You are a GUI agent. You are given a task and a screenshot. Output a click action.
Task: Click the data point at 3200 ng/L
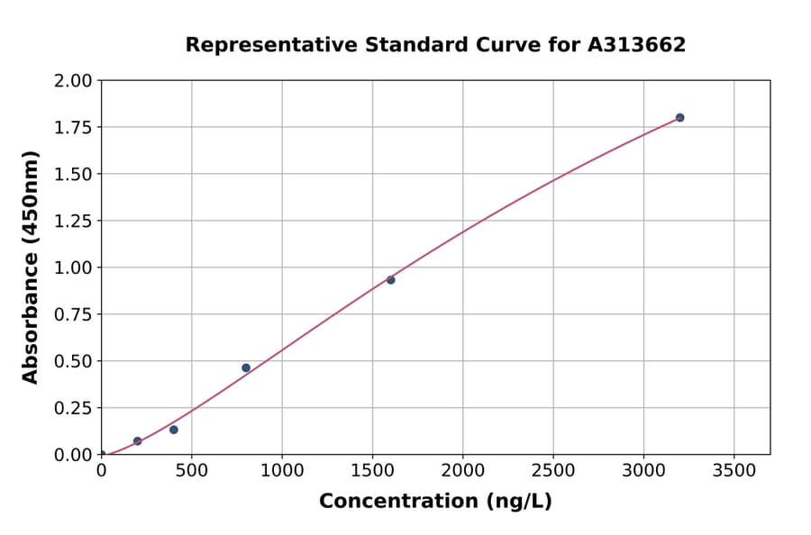tap(679, 118)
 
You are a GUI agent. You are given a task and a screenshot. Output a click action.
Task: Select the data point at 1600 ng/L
tap(391, 280)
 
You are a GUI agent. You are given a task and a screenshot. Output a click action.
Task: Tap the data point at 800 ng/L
tap(246, 367)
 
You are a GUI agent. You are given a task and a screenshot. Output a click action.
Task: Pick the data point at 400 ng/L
tap(174, 430)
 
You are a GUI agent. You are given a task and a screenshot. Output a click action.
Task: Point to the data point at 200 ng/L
tap(138, 441)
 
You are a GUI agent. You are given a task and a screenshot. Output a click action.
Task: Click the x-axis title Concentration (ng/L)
tap(435, 502)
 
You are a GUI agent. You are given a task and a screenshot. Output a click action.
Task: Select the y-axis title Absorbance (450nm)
tap(31, 267)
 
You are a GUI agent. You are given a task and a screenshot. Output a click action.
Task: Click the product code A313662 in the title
tap(637, 45)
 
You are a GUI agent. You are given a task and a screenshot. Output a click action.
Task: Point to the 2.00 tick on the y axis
tap(73, 81)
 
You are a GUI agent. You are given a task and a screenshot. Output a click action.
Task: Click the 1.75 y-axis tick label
tap(73, 128)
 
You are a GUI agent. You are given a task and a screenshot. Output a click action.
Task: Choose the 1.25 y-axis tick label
tap(73, 222)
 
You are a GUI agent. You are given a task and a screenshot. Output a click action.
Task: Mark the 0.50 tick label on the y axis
tap(73, 361)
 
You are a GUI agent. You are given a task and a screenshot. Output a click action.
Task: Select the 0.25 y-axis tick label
tap(73, 408)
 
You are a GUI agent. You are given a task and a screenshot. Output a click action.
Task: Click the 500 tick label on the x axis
tap(191, 470)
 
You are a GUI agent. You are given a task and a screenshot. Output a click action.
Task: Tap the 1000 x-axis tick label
tap(282, 470)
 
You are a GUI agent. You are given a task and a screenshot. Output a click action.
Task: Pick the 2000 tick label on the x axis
tap(463, 470)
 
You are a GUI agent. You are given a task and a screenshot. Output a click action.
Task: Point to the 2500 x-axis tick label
tap(553, 470)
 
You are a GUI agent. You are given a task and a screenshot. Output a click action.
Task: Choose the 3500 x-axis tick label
tap(734, 470)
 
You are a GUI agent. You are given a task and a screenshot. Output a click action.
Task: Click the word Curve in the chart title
tap(507, 45)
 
